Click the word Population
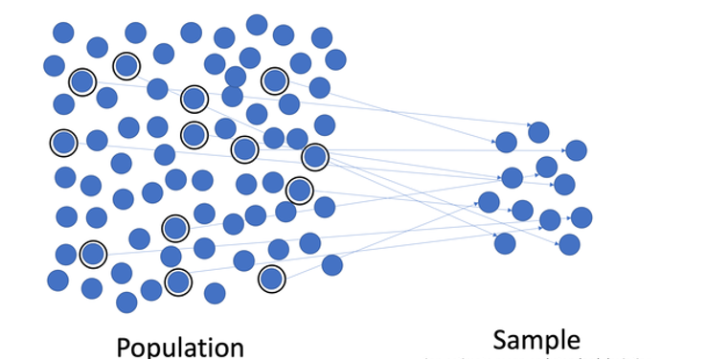(x=180, y=346)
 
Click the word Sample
(x=537, y=340)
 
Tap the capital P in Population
(x=125, y=346)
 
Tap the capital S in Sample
(x=501, y=340)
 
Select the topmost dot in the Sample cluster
(x=538, y=132)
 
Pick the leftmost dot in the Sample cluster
(x=489, y=202)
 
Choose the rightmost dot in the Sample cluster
(x=581, y=217)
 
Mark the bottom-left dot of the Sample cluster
(x=505, y=243)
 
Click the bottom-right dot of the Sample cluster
(x=569, y=244)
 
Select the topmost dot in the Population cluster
(x=257, y=24)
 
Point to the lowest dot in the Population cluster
(x=126, y=303)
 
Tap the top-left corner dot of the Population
(x=62, y=33)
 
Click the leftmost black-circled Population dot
(x=63, y=143)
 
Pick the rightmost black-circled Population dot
(x=314, y=156)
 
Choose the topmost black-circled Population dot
(x=126, y=66)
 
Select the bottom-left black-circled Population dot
(x=92, y=254)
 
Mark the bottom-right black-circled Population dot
(x=272, y=279)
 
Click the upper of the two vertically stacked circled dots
(x=194, y=99)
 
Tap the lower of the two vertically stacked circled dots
(x=194, y=135)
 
